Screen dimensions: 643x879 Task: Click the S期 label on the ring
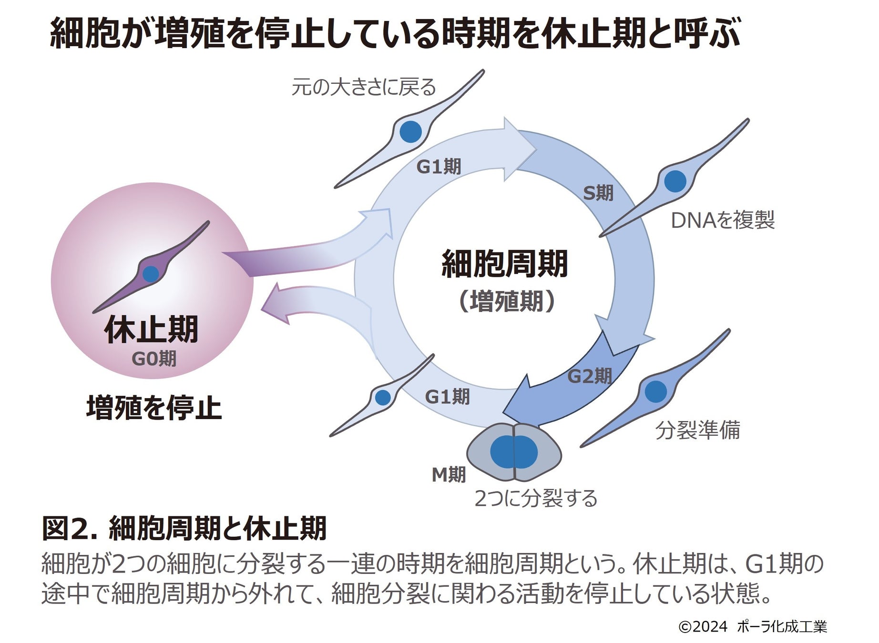click(598, 193)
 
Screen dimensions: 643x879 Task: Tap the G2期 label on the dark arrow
click(590, 376)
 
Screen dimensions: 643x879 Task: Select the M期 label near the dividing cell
click(449, 474)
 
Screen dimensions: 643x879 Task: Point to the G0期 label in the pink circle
click(154, 358)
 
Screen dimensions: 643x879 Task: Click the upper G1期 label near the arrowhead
click(439, 167)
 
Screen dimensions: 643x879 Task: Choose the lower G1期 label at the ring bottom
click(447, 396)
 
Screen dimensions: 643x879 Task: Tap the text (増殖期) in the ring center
click(506, 301)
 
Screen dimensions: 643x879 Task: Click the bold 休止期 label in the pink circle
click(151, 329)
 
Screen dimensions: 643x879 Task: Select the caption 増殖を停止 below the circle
click(154, 408)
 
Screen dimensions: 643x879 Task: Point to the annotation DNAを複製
click(723, 220)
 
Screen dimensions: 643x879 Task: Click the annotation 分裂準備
click(697, 430)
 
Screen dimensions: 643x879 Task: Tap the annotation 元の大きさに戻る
click(364, 87)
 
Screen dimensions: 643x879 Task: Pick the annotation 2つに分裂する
click(536, 499)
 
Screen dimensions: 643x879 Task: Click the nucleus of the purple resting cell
click(151, 274)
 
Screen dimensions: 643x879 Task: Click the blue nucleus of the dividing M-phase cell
click(514, 452)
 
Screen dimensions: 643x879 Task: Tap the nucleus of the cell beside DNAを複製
click(675, 181)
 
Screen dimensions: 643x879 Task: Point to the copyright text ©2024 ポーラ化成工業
click(752, 626)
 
